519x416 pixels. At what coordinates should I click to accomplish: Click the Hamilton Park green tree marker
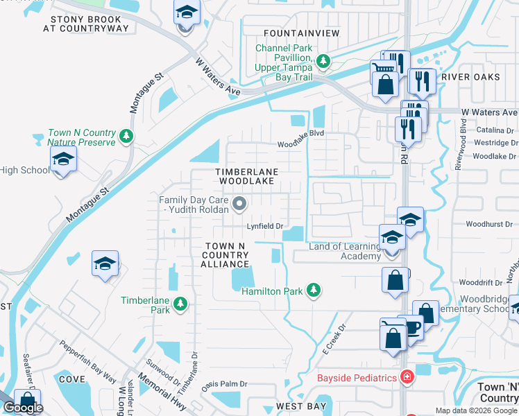click(314, 289)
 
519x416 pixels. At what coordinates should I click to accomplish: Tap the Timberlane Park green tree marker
click(180, 303)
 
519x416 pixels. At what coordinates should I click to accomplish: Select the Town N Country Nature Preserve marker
click(126, 135)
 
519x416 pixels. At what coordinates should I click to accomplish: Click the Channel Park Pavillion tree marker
click(323, 62)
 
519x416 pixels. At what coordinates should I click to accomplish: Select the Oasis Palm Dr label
click(223, 383)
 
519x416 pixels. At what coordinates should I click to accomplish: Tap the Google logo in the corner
click(23, 408)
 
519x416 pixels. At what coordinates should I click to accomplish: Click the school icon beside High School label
click(63, 159)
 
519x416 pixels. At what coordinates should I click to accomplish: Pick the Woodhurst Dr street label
click(488, 224)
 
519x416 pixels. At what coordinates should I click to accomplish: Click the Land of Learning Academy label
click(345, 251)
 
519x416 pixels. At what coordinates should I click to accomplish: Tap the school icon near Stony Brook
click(186, 13)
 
